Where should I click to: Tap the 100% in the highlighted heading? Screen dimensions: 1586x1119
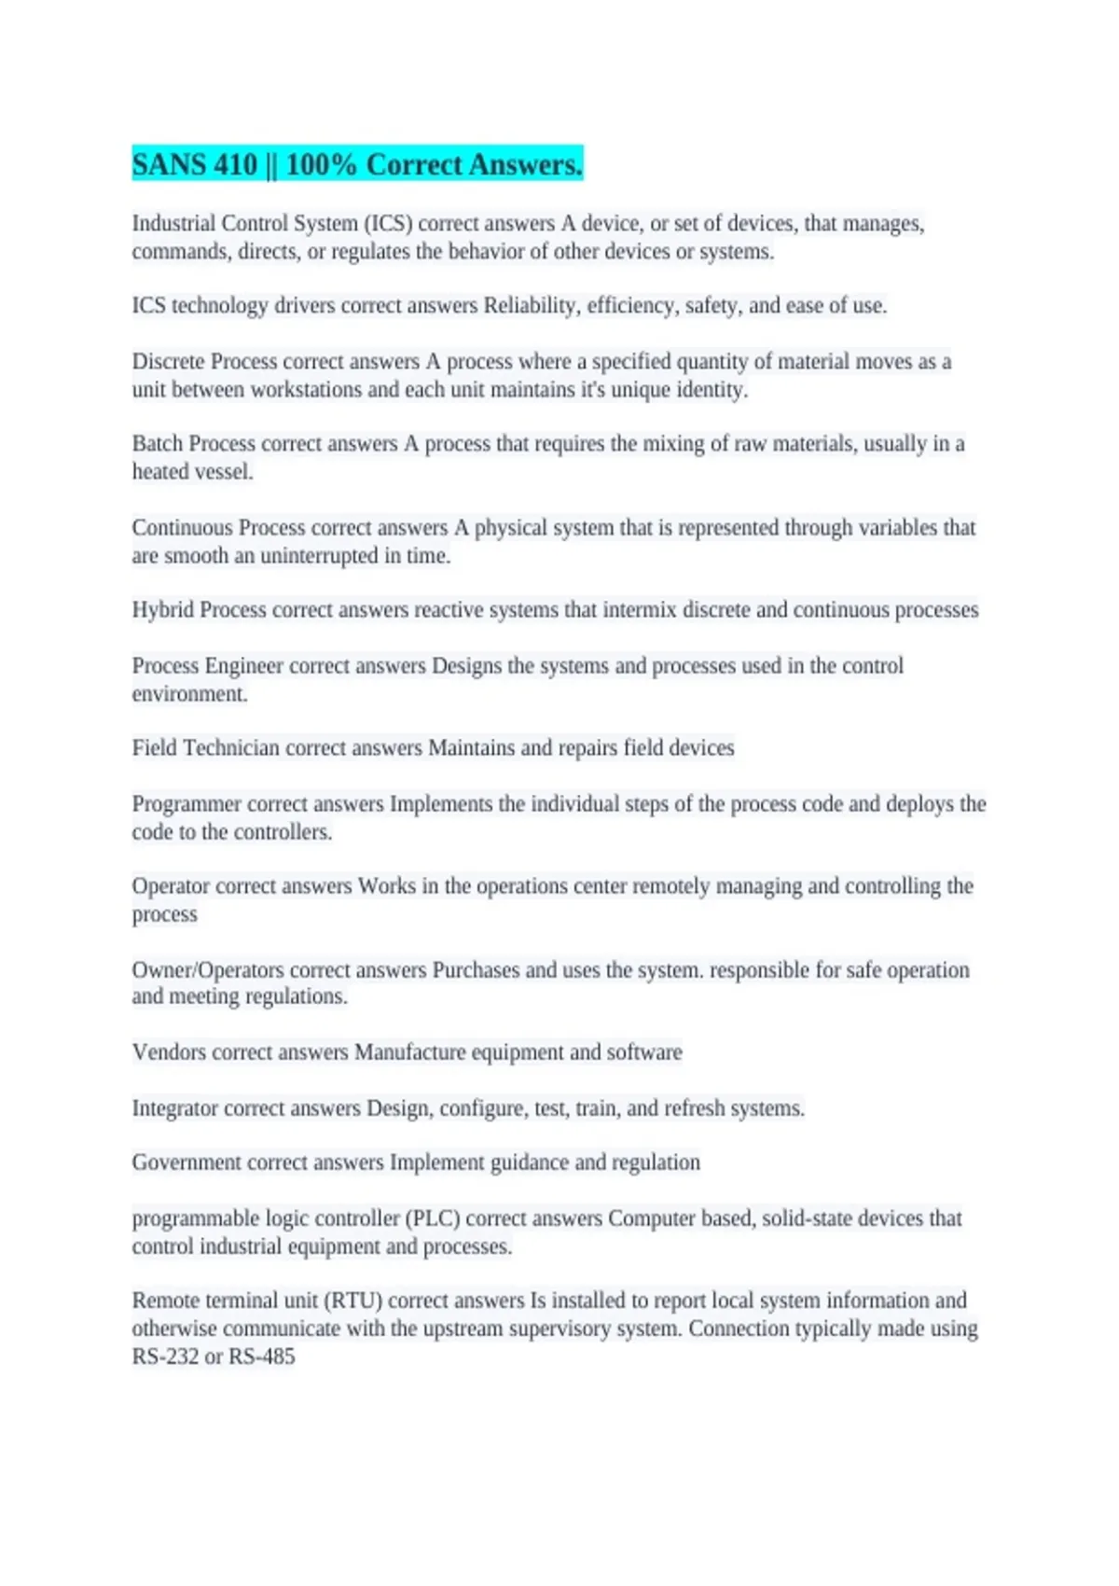click(x=321, y=165)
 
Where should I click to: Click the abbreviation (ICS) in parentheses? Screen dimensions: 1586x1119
click(x=387, y=224)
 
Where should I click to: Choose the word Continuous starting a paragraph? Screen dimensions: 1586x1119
click(x=182, y=528)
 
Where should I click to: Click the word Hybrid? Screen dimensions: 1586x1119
click(x=162, y=610)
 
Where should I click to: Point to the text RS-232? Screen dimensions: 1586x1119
click(x=165, y=1356)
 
